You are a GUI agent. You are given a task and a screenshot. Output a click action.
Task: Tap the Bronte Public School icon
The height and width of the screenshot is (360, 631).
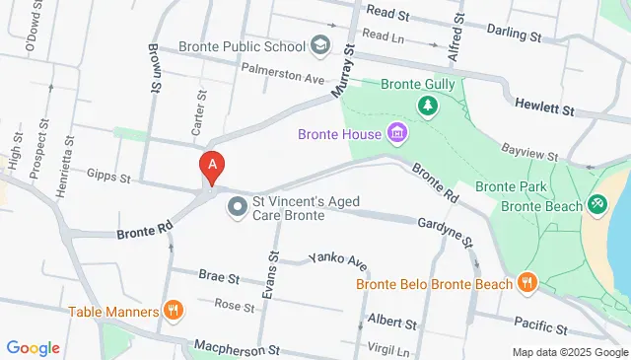320,44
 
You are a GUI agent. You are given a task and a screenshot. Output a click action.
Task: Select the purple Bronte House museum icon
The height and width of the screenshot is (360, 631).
396,132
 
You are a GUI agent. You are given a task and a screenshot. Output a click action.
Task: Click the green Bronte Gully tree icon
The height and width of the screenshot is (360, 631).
428,104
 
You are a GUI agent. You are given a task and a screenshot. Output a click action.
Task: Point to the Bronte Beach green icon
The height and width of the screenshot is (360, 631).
596,204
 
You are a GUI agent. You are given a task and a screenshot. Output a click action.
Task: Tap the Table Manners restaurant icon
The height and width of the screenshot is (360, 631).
174,311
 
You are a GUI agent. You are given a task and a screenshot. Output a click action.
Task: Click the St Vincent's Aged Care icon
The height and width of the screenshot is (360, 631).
238,207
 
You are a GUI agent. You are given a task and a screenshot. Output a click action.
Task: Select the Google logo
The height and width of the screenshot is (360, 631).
33,347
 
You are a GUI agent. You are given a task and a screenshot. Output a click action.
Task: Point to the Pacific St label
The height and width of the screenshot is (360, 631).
540,325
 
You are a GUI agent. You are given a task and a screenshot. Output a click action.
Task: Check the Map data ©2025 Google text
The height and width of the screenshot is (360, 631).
569,352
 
